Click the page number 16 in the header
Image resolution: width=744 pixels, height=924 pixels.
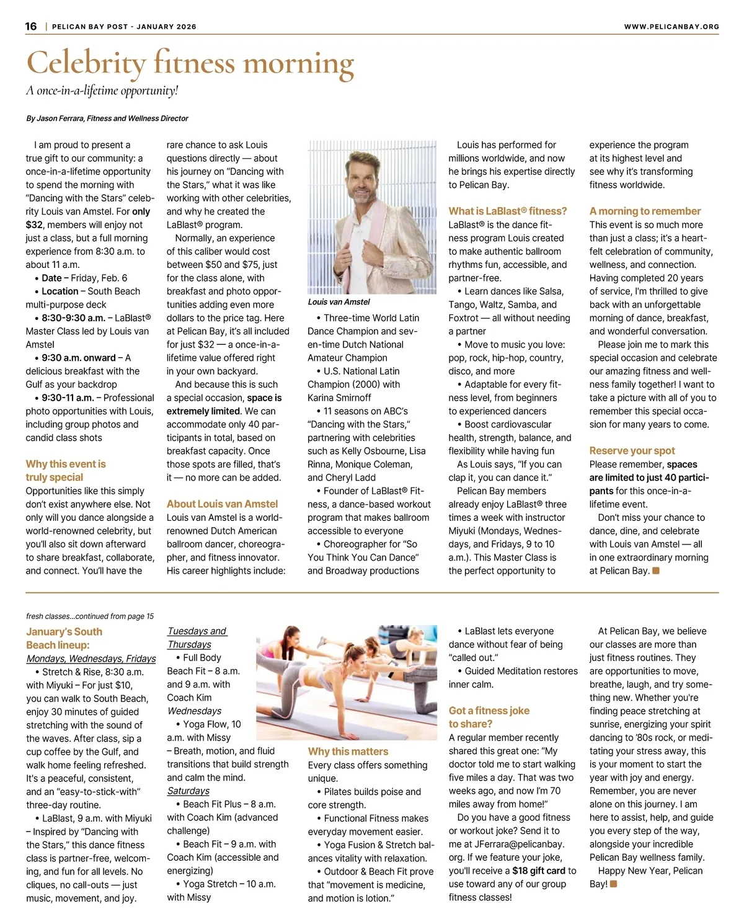click(31, 26)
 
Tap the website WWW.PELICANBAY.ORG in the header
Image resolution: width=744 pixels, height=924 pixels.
click(671, 27)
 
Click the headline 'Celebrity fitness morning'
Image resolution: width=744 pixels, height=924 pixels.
click(190, 63)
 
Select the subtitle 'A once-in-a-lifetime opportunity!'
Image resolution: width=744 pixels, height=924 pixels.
click(102, 91)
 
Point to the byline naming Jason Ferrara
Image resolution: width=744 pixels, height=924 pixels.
click(107, 118)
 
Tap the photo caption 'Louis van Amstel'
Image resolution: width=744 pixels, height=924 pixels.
click(339, 302)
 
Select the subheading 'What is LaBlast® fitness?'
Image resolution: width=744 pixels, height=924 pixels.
click(508, 211)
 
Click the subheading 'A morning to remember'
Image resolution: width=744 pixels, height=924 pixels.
click(645, 211)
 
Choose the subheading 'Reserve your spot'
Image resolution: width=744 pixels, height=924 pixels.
click(632, 451)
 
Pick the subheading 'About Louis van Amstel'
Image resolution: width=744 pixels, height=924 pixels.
click(222, 504)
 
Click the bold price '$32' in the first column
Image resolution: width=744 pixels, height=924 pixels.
click(34, 225)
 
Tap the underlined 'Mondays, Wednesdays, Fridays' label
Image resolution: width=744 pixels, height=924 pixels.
click(91, 659)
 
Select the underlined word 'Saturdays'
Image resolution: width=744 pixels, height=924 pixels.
click(188, 791)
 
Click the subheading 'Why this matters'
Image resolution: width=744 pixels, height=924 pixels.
click(348, 752)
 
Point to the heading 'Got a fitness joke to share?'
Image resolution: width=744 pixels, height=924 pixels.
click(489, 717)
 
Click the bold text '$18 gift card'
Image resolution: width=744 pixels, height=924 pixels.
click(539, 871)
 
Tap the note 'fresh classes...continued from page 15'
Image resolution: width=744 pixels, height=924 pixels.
click(90, 616)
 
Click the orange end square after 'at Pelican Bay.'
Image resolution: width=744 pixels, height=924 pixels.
click(656, 571)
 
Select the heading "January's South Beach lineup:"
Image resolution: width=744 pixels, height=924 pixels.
click(64, 638)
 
